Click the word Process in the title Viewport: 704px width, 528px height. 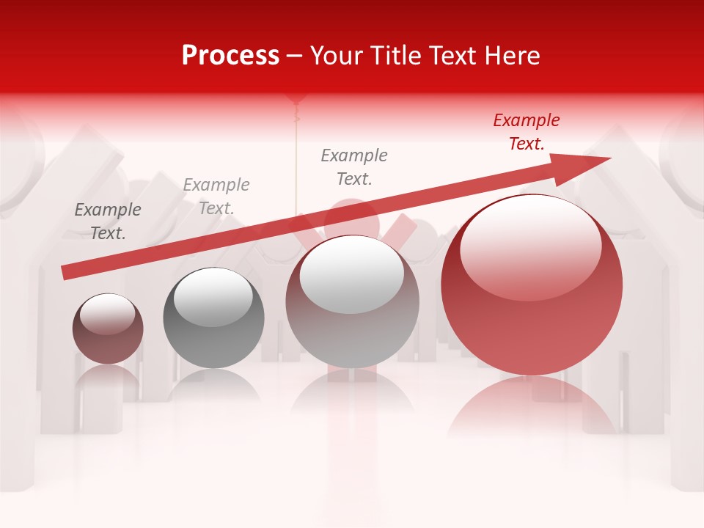[230, 56]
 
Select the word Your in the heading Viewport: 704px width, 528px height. [335, 56]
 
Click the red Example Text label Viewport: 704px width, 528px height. [526, 132]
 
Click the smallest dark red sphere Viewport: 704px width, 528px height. [108, 329]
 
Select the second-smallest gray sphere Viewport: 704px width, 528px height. [213, 318]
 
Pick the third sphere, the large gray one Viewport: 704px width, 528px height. [353, 301]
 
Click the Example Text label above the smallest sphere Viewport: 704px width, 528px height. [108, 221]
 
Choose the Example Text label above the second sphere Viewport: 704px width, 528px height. [216, 197]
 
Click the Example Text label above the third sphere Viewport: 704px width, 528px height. [354, 167]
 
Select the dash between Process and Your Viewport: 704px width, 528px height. [295, 56]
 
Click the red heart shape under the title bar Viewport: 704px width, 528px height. [296, 98]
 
